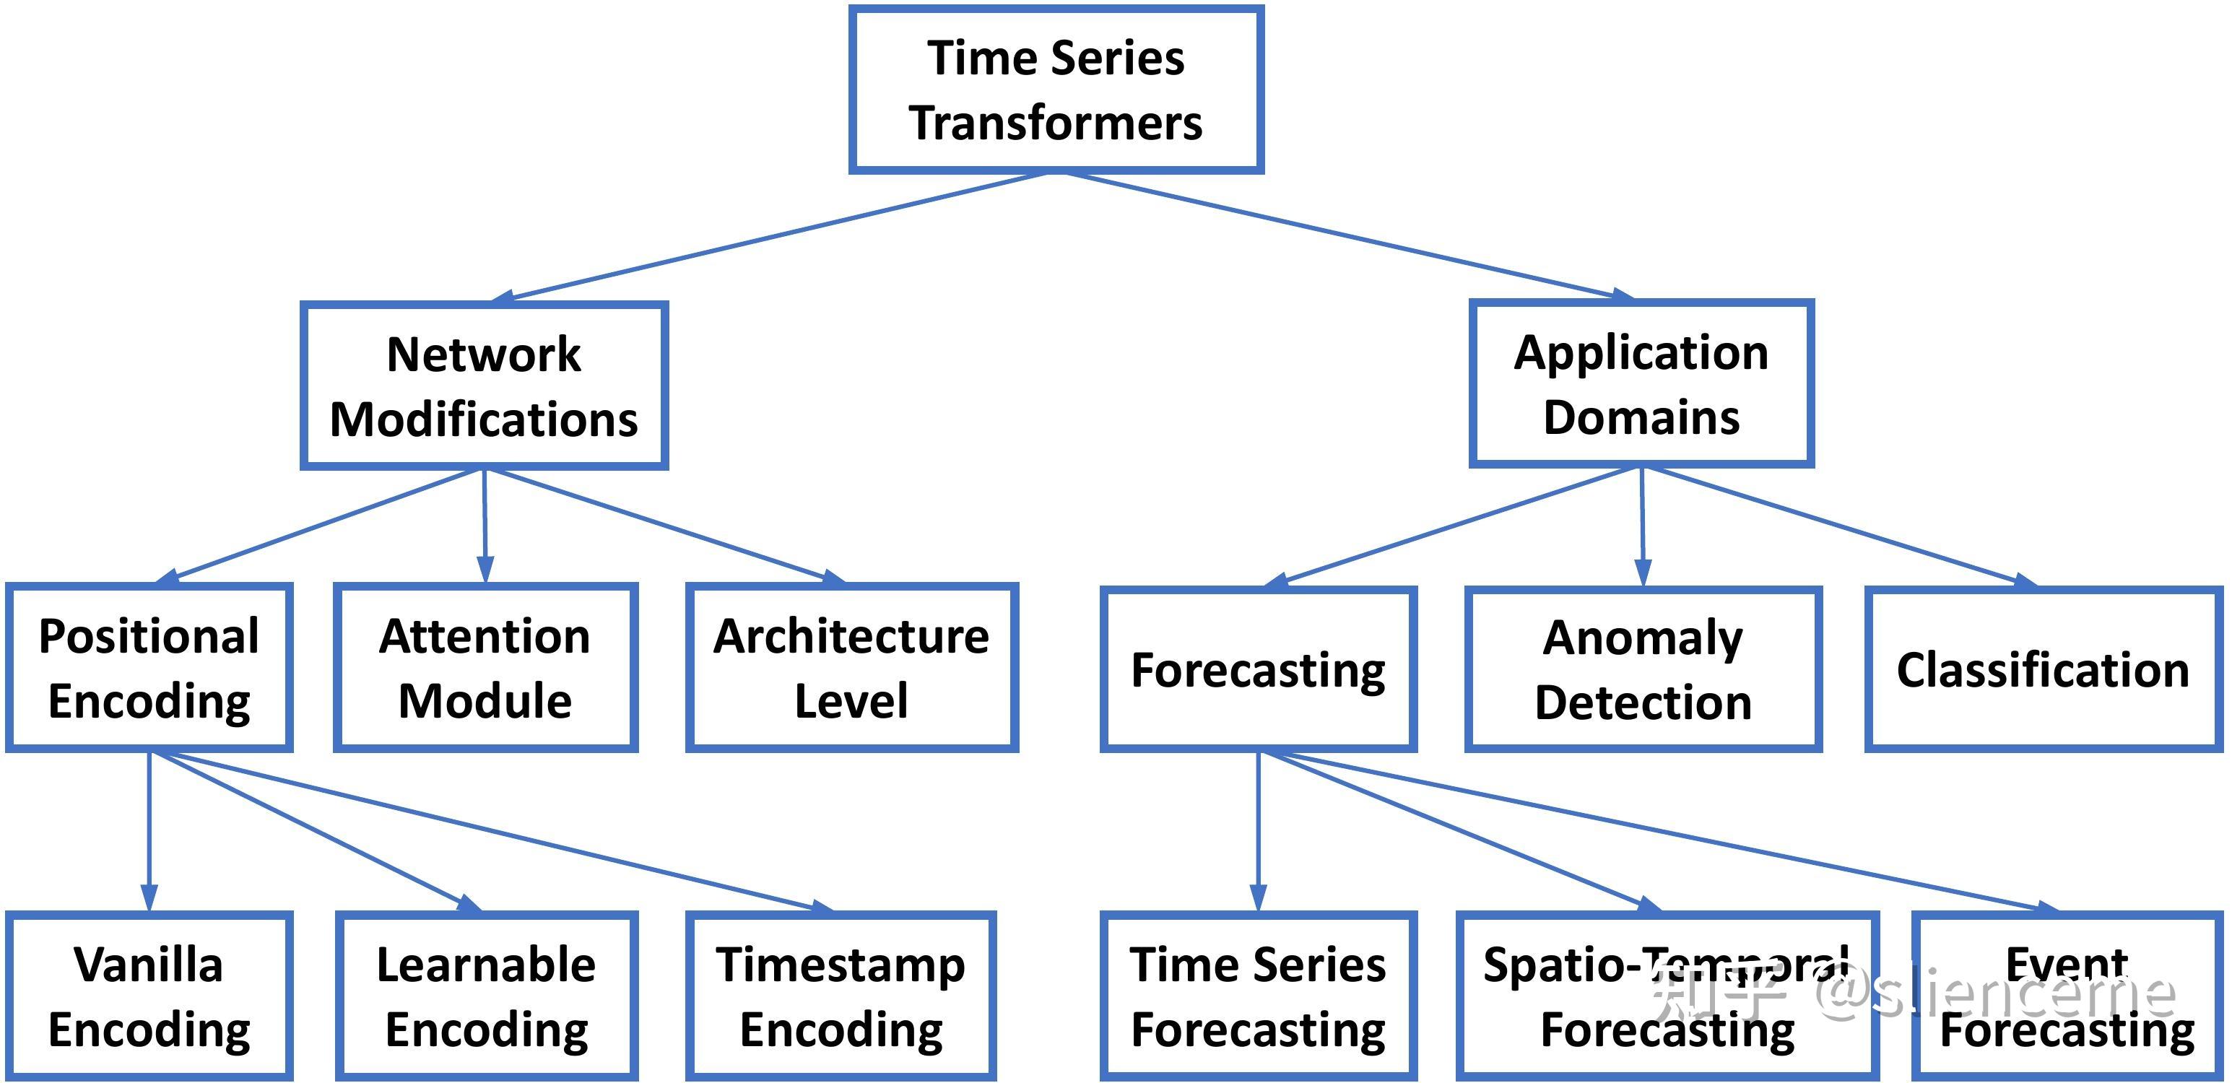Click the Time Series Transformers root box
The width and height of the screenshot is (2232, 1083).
1056,90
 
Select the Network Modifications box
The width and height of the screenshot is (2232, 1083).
484,386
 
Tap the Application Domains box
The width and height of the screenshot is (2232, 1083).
1641,384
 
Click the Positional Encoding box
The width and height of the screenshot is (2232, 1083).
149,667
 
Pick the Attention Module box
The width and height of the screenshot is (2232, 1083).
485,667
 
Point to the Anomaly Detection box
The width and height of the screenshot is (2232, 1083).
1643,669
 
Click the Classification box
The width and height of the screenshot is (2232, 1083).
2042,669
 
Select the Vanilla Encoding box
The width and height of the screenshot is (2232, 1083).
149,996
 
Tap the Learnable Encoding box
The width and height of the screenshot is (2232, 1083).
487,996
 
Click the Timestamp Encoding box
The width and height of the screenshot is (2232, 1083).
841,996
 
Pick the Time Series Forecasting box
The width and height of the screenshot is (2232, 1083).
1258,996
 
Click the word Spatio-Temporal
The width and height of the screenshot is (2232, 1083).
1665,965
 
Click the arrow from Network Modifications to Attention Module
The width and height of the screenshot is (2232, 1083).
485,524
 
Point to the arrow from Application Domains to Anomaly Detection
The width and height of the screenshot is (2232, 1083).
1642,524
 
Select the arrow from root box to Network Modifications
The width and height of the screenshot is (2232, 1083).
771,235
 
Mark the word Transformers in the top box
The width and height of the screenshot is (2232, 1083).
1056,122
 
